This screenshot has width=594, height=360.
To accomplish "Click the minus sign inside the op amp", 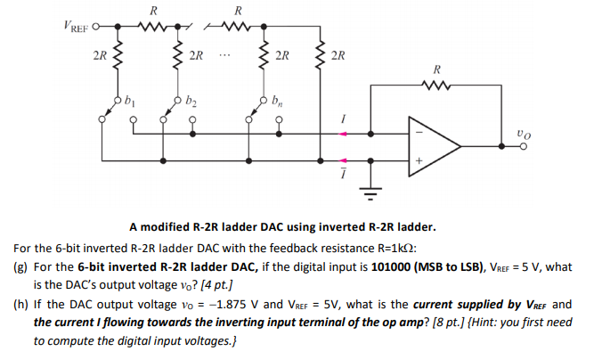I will pos(415,126).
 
